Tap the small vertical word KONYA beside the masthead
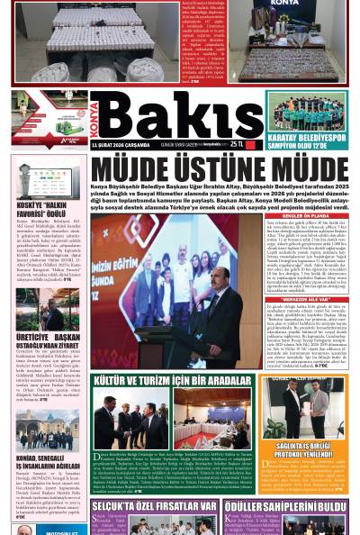(x=94, y=115)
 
